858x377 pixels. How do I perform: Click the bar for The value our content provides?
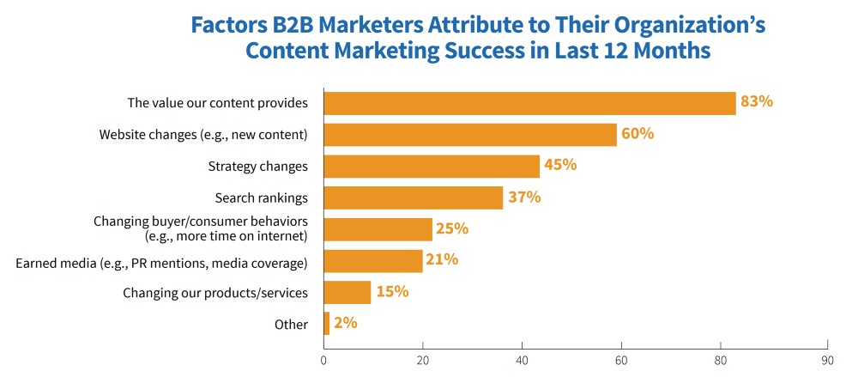point(529,103)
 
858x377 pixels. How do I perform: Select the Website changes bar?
point(470,135)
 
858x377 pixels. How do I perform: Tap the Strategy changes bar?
point(432,167)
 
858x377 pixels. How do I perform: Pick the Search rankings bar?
point(413,198)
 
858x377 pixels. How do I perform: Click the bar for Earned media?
point(373,261)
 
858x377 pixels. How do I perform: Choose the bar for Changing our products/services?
point(347,293)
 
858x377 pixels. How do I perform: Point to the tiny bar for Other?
point(327,324)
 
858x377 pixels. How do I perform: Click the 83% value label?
point(757,102)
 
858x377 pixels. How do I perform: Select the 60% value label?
point(637,134)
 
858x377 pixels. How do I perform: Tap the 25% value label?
point(451,229)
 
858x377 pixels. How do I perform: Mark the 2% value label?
point(345,324)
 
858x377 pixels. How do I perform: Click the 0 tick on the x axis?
point(323,362)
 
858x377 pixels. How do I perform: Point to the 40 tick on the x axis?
point(522,362)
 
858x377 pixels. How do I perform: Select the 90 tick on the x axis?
point(827,362)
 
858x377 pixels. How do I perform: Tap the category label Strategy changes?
point(257,167)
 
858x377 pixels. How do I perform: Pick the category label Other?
point(292,325)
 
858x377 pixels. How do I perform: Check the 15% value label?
point(391,292)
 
